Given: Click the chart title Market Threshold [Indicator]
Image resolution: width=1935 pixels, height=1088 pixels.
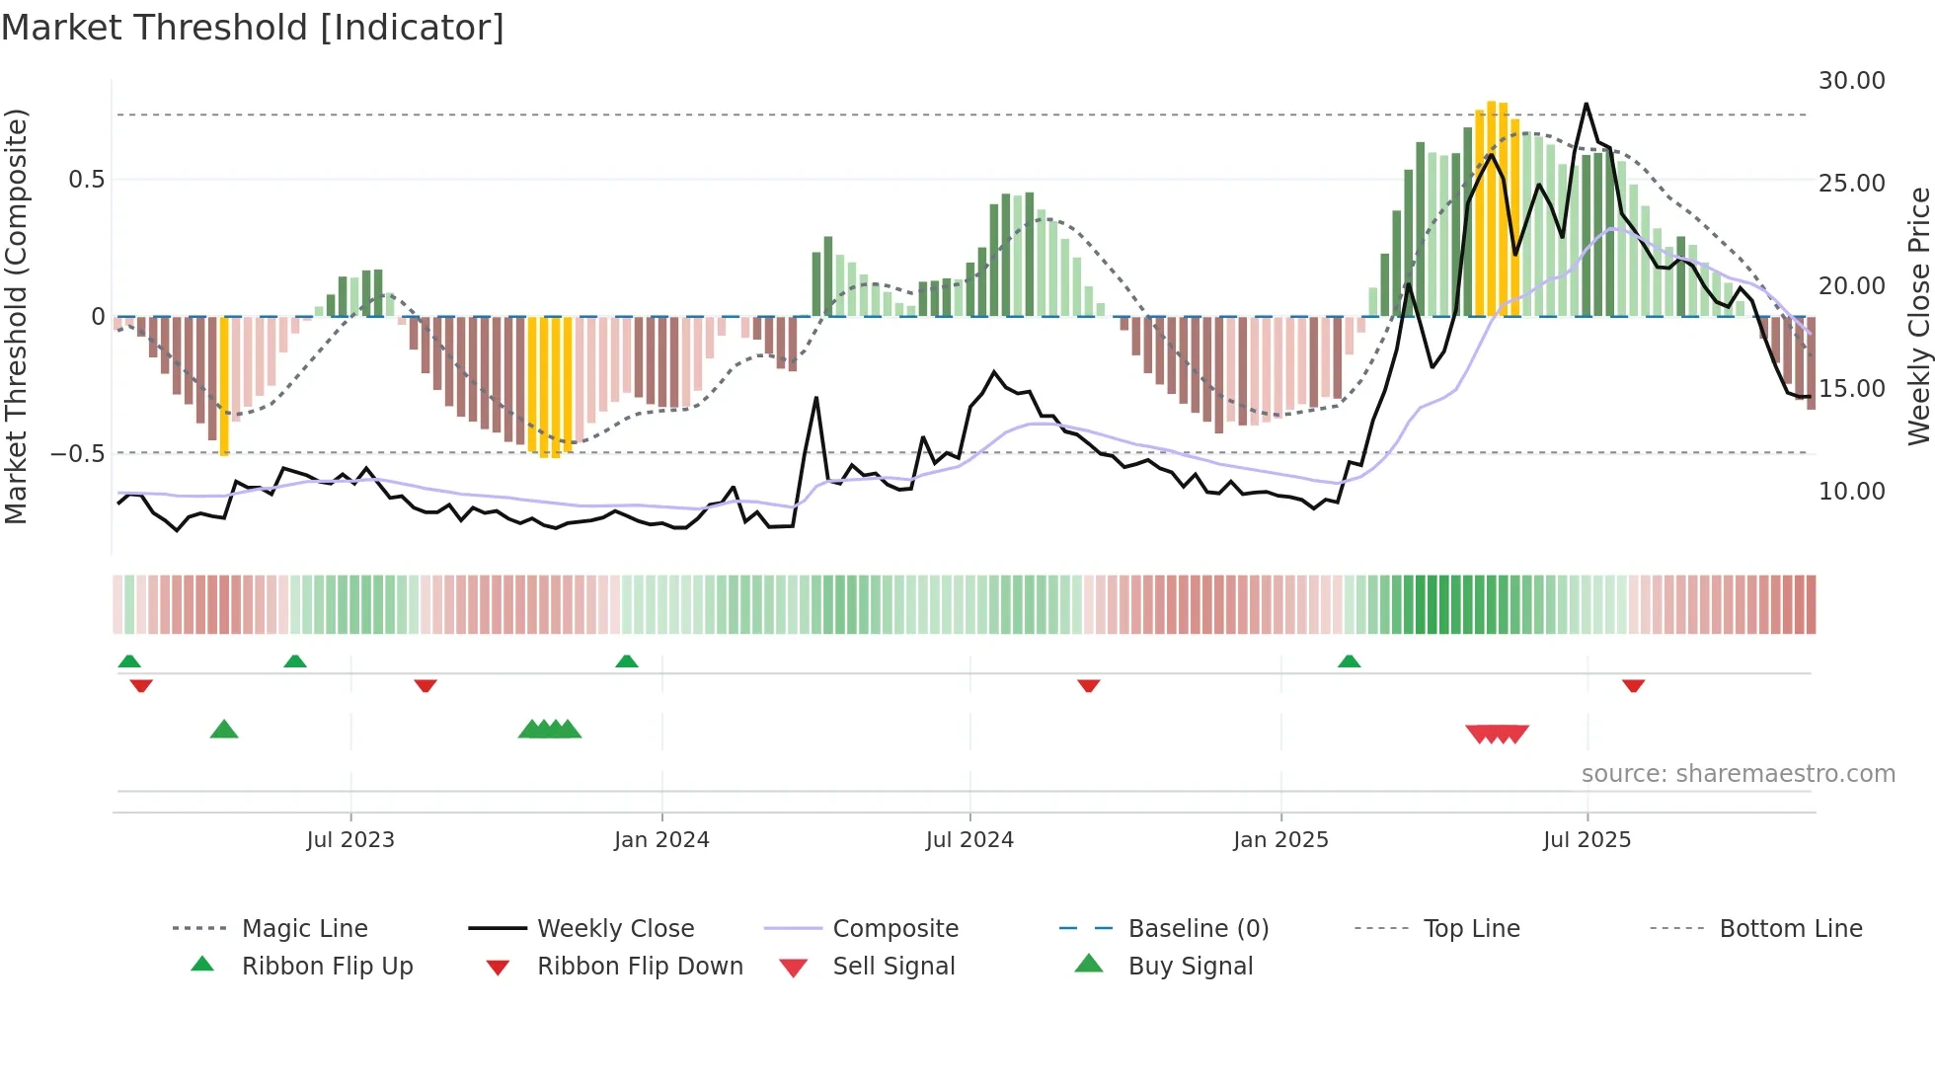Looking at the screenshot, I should point(253,28).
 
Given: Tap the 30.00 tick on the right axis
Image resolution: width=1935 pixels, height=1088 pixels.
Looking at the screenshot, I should point(1851,81).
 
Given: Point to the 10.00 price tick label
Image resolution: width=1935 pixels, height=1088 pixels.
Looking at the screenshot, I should point(1851,492).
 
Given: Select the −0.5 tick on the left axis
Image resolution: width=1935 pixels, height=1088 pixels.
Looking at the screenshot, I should point(77,454).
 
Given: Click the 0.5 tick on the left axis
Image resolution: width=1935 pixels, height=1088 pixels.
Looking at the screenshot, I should point(86,180).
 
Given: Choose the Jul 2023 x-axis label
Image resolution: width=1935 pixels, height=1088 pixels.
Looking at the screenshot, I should point(350,840).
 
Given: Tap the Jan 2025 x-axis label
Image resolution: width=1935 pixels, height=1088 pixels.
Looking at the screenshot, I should point(1280,840).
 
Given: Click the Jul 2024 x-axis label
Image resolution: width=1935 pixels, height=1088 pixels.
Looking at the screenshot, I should point(969,840).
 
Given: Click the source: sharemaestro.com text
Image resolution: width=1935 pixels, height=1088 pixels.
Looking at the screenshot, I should point(1738,774).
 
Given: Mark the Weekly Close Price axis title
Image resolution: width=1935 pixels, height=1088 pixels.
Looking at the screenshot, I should point(1918,316).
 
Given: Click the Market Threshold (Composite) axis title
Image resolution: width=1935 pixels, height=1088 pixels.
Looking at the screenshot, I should point(16,316).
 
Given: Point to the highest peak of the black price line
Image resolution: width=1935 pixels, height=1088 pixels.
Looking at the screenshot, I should point(1587,104).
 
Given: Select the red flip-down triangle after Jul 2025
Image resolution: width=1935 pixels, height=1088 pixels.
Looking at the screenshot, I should point(1633,685).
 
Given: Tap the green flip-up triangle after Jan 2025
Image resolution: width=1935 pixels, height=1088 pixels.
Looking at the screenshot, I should point(1349,661).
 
